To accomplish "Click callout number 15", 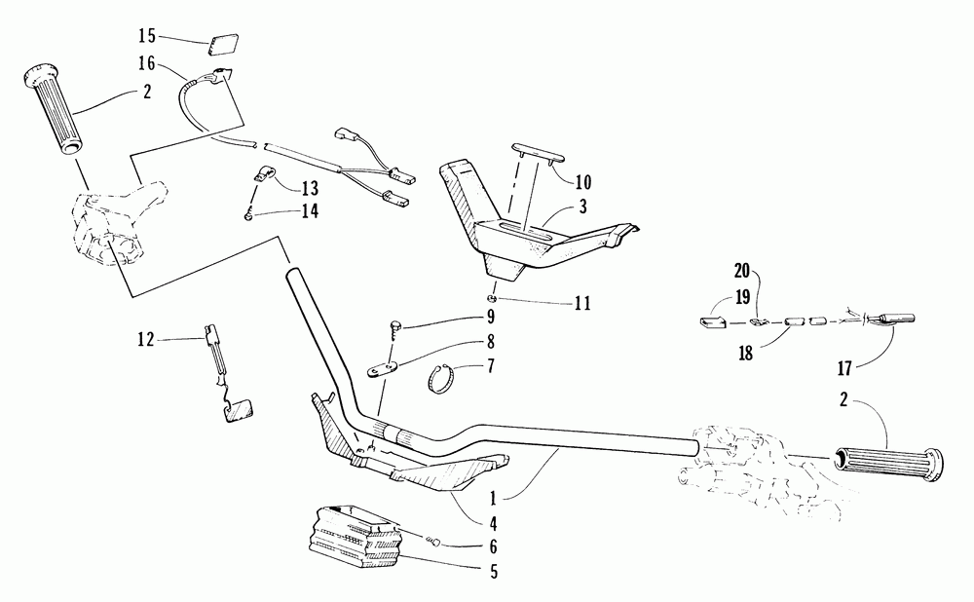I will click(x=147, y=36).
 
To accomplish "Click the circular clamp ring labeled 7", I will click(x=444, y=377).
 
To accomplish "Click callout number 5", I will click(x=494, y=572).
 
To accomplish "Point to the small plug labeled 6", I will click(x=437, y=543).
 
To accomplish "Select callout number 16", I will click(x=147, y=63).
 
